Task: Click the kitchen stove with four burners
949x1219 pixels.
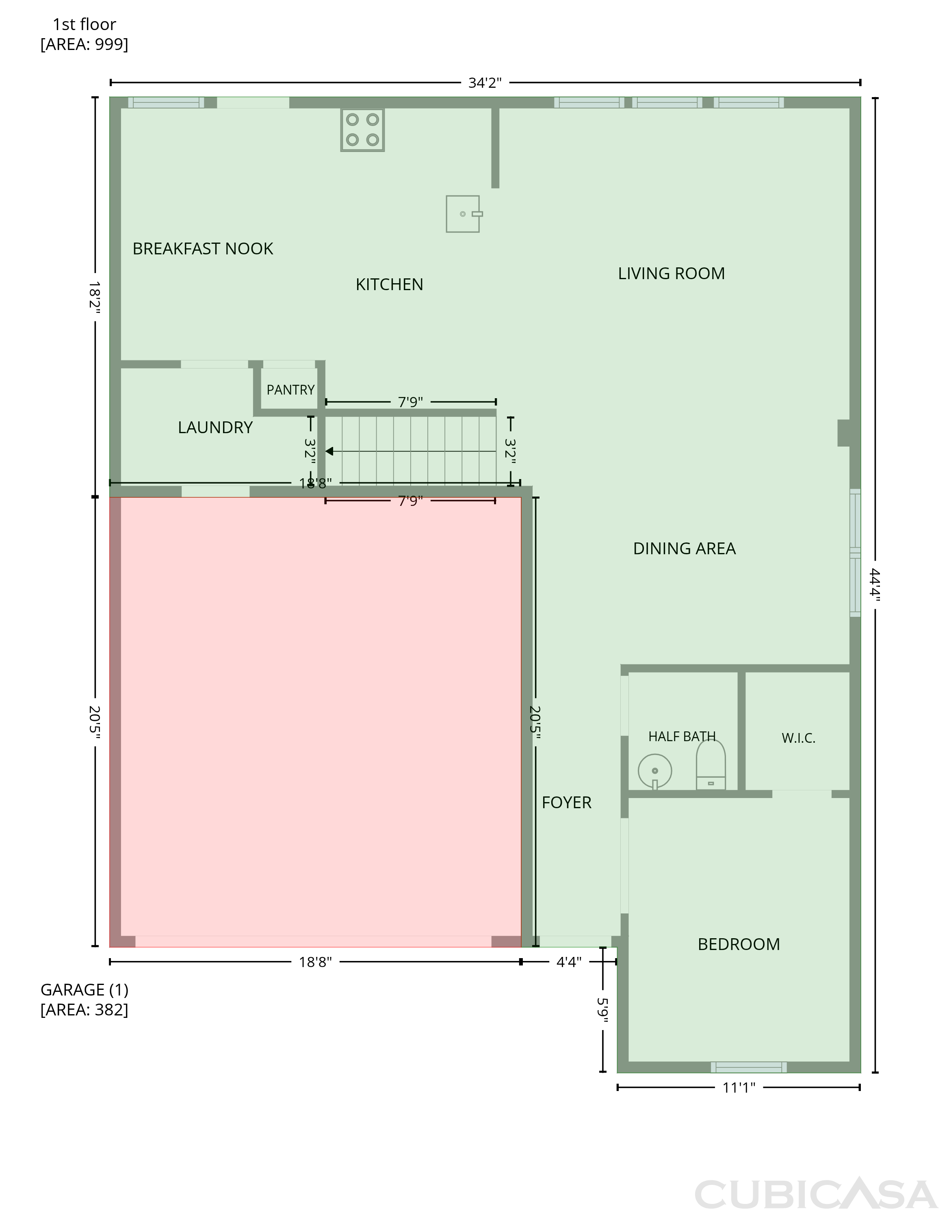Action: tap(363, 130)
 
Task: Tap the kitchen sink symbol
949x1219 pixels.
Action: tap(464, 214)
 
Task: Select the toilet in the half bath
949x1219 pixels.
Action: tap(711, 765)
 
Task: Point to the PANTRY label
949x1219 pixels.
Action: tap(290, 390)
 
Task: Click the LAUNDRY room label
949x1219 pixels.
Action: tap(215, 427)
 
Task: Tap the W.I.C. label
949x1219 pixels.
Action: tap(798, 738)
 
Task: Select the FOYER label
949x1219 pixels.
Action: tap(566, 803)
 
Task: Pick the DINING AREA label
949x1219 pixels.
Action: tap(685, 549)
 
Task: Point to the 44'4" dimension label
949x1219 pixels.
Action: tap(874, 585)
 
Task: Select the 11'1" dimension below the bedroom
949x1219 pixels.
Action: tap(739, 1087)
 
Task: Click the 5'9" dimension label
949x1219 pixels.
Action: tap(602, 1010)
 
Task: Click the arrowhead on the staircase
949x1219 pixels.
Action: tap(329, 451)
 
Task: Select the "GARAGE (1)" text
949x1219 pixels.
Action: tap(84, 989)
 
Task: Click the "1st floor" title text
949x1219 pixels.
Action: tap(84, 24)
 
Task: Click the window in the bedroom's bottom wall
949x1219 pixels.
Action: tap(749, 1067)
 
